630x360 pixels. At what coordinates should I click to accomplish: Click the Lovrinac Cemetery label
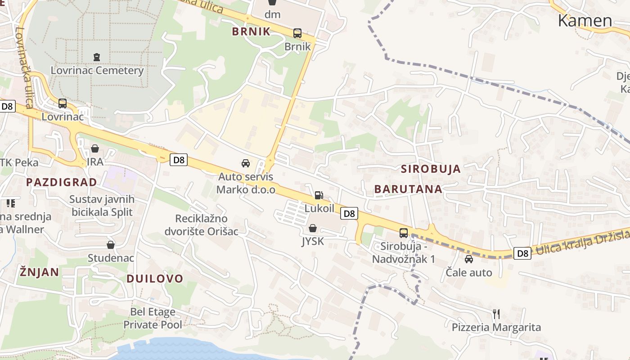click(x=97, y=71)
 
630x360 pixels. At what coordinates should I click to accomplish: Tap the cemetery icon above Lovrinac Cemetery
click(x=97, y=57)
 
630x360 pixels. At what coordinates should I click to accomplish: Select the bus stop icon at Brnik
click(x=297, y=33)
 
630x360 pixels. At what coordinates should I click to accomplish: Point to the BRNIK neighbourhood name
click(x=251, y=31)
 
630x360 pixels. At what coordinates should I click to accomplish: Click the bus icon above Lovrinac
click(x=63, y=103)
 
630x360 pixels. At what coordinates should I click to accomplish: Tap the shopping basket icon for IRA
click(x=95, y=148)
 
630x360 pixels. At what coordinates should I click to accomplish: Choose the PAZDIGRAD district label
click(x=61, y=182)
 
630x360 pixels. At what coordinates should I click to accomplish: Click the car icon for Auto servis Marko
click(x=246, y=163)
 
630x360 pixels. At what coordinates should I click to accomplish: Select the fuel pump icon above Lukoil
click(x=319, y=195)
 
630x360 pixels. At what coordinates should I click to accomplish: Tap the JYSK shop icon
click(x=313, y=228)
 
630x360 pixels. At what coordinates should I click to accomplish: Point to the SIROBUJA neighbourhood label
click(x=431, y=169)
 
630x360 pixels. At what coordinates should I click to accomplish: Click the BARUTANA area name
click(x=408, y=189)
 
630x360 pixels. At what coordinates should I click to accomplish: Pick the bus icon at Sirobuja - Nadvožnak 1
click(x=404, y=233)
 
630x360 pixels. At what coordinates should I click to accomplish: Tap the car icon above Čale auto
click(x=469, y=259)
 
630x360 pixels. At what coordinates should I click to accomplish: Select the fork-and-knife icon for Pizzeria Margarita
click(x=496, y=314)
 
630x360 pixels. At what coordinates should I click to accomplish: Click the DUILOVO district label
click(x=155, y=279)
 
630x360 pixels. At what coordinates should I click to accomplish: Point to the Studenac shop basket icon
click(x=111, y=245)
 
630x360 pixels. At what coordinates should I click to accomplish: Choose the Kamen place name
click(x=585, y=21)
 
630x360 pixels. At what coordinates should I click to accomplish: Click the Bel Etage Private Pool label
click(x=153, y=318)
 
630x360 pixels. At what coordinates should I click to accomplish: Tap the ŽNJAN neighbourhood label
click(x=39, y=272)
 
